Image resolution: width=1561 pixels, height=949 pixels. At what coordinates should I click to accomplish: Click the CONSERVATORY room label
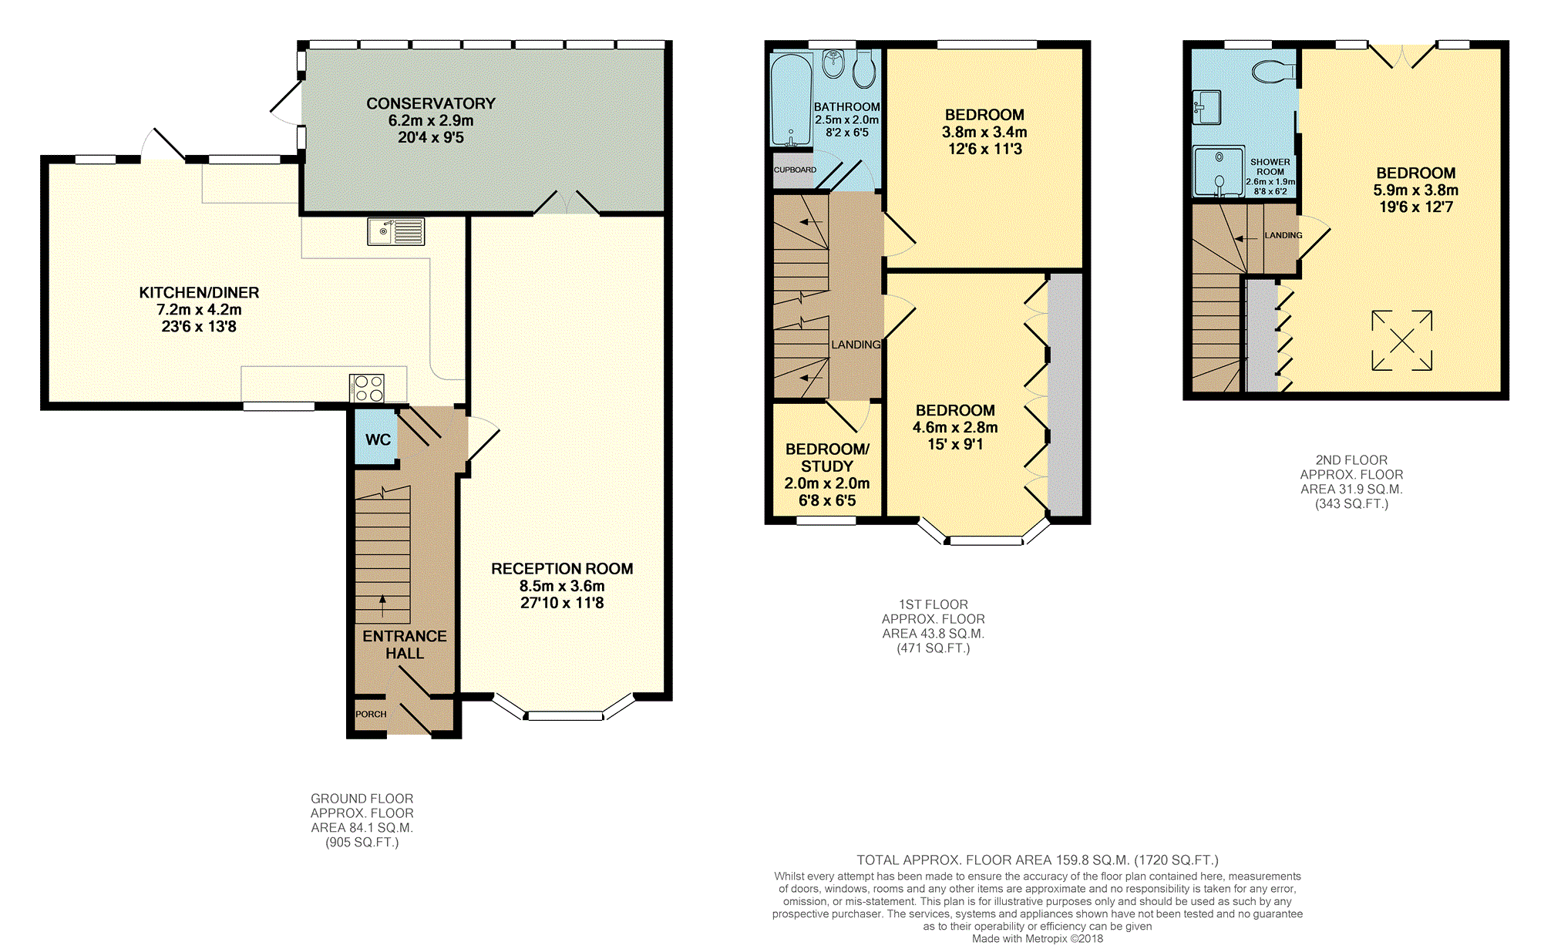pyautogui.click(x=431, y=103)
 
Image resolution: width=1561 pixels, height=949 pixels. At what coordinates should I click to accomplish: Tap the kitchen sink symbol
pyautogui.click(x=395, y=232)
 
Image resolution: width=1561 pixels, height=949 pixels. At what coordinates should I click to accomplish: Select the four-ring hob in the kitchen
pyautogui.click(x=366, y=388)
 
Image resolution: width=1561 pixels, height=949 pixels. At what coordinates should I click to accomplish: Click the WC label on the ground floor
pyautogui.click(x=378, y=439)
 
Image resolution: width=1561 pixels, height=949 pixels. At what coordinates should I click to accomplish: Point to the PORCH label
pyautogui.click(x=371, y=715)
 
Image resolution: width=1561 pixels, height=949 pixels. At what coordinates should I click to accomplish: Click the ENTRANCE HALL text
pyautogui.click(x=405, y=644)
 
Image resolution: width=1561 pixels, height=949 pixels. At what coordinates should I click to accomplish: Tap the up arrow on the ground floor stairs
pyautogui.click(x=382, y=606)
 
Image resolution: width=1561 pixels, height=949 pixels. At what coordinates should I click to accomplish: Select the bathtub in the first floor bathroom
pyautogui.click(x=791, y=99)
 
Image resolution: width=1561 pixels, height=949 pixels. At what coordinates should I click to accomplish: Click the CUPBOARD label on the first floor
pyautogui.click(x=795, y=170)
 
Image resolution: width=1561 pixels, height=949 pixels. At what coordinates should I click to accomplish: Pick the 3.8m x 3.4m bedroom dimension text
pyautogui.click(x=984, y=132)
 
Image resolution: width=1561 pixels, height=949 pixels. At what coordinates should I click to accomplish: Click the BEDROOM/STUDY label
pyautogui.click(x=827, y=458)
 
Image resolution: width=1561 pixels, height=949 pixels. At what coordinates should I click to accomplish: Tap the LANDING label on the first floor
pyautogui.click(x=856, y=345)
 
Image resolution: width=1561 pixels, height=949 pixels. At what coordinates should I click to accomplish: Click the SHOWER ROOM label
pyautogui.click(x=1270, y=167)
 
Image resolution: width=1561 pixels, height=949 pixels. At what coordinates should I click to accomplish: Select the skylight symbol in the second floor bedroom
pyautogui.click(x=1401, y=340)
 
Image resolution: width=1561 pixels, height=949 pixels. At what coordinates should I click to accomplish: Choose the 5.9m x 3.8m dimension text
pyautogui.click(x=1416, y=190)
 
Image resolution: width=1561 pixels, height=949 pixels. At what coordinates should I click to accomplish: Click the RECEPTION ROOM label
pyautogui.click(x=562, y=569)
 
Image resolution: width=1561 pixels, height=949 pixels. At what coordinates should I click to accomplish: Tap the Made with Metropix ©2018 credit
pyautogui.click(x=1038, y=939)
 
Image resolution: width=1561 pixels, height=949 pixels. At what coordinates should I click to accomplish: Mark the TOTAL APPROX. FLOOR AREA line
pyautogui.click(x=1038, y=860)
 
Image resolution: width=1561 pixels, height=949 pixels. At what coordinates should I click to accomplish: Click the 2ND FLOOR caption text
pyautogui.click(x=1351, y=460)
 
